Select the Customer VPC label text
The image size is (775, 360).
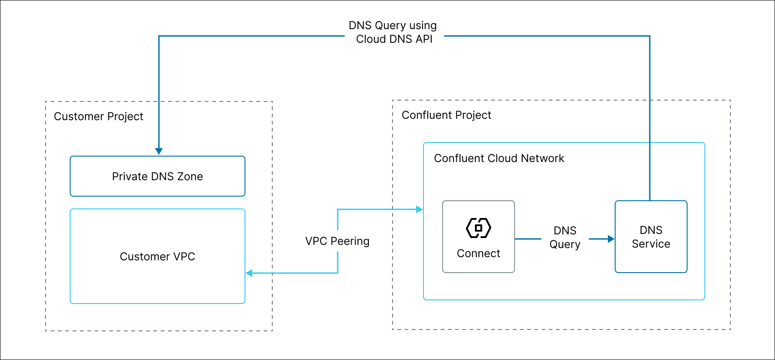pos(157,257)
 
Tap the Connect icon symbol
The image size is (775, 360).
pos(478,228)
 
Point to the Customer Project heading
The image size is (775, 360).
pos(98,117)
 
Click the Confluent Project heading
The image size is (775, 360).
pos(446,115)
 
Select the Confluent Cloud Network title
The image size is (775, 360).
pos(499,158)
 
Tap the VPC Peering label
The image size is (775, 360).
pos(337,241)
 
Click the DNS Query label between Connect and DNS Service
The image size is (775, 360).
pos(565,238)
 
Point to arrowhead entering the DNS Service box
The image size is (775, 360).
pos(611,238)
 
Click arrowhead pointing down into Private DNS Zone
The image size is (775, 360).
pos(159,151)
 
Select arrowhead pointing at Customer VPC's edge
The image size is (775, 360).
pos(249,273)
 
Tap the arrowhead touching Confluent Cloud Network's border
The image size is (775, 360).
pos(419,209)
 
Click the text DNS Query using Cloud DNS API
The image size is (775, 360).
pos(393,32)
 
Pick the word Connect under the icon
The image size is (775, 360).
pos(478,254)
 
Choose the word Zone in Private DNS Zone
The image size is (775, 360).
pos(190,177)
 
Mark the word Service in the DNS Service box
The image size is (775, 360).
pos(651,244)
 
